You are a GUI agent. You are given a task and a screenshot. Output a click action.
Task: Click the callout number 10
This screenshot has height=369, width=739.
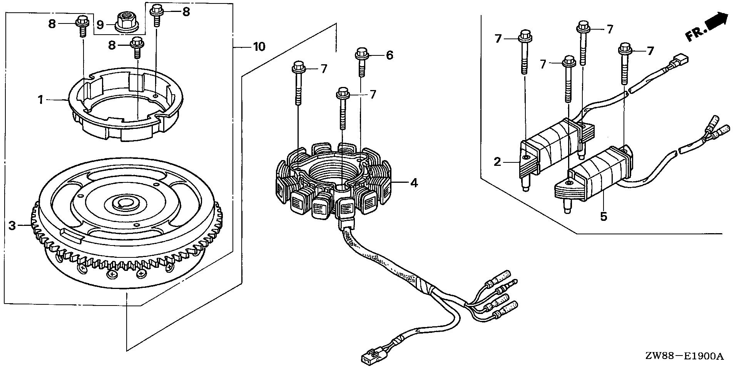[x=259, y=47]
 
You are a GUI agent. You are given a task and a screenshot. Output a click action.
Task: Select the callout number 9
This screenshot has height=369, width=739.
[x=100, y=25]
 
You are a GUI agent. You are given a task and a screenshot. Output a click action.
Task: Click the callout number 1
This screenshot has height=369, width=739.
[x=40, y=100]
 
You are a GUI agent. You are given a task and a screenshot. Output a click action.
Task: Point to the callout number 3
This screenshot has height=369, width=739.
[x=12, y=225]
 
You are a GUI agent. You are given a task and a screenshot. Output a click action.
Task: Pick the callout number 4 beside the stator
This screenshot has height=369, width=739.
[x=414, y=183]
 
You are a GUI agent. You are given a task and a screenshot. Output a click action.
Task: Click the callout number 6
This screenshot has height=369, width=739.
[x=390, y=56]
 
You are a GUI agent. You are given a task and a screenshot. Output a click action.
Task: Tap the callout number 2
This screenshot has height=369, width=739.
[x=497, y=162]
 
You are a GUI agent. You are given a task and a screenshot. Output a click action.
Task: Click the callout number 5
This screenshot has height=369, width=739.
[x=604, y=217]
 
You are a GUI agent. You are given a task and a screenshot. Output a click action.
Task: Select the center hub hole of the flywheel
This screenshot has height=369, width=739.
[x=124, y=203]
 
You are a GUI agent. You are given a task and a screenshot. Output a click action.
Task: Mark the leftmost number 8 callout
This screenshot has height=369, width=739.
[x=52, y=24]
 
